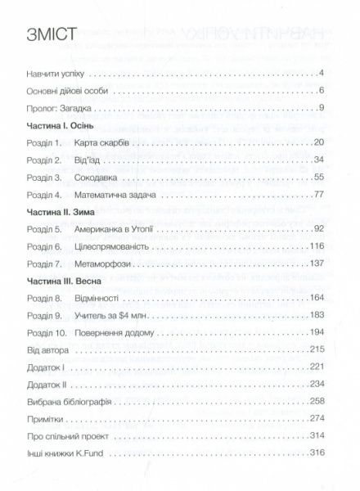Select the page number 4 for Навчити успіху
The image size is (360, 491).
[323, 74]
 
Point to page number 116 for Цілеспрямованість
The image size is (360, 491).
[318, 248]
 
